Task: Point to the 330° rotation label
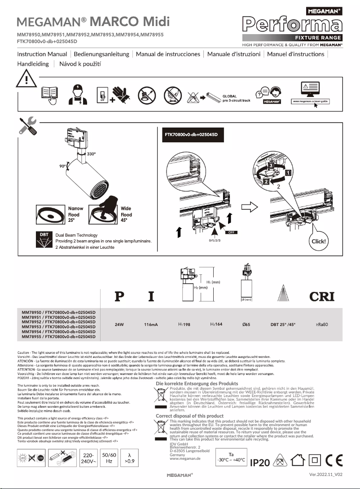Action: [91, 154]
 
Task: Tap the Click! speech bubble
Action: [321, 241]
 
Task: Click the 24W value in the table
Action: [119, 324]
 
